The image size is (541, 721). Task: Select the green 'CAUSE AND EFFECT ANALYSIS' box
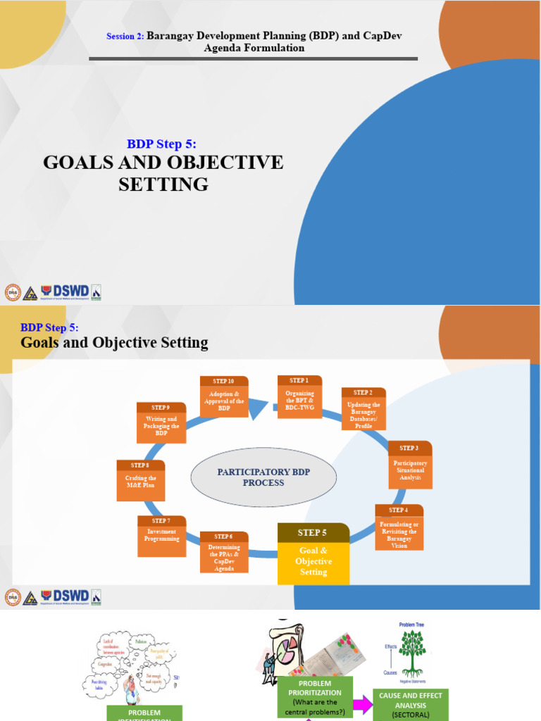(411, 704)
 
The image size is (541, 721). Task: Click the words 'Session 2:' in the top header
(125, 36)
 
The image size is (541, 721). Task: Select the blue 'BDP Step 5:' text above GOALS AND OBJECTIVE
(161, 144)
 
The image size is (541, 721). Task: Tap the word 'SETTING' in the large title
(163, 184)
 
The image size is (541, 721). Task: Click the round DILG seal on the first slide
(13, 293)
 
